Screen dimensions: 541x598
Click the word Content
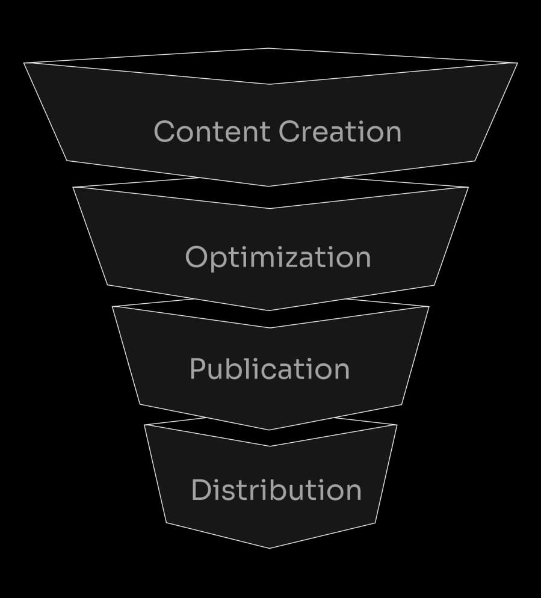coord(212,131)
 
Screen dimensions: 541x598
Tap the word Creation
coord(340,131)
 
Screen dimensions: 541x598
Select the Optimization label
coord(277,257)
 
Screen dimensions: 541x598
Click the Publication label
coord(269,369)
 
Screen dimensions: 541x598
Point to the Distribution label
coord(276,490)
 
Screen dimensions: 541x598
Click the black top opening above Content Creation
coord(269,66)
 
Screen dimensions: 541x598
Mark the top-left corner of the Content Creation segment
coord(24,63)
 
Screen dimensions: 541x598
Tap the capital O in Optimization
coord(197,257)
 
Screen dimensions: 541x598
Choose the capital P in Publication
coord(198,369)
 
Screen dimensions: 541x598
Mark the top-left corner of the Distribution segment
coord(144,425)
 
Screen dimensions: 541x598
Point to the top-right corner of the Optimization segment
coord(468,187)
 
